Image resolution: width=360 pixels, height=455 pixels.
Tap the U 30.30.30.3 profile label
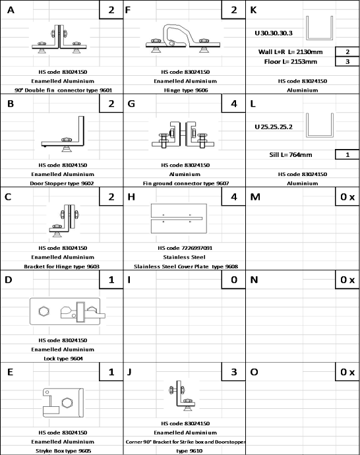pyautogui.click(x=274, y=33)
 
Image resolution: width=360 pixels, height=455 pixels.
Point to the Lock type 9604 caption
pyautogui.click(x=63, y=358)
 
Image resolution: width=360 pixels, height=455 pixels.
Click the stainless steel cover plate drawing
pyautogui.click(x=179, y=218)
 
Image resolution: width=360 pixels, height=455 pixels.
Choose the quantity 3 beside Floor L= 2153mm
pyautogui.click(x=347, y=61)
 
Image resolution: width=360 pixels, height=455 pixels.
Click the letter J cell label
pyautogui.click(x=129, y=372)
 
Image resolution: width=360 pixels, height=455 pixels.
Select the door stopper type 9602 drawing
pyautogui.click(x=63, y=134)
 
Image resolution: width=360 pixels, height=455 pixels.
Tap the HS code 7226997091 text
pyautogui.click(x=185, y=248)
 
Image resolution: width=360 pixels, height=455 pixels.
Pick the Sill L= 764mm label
pyautogui.click(x=291, y=155)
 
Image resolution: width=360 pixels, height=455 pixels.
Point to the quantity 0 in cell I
pyautogui.click(x=234, y=280)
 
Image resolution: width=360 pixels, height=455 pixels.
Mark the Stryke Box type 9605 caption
pyautogui.click(x=63, y=450)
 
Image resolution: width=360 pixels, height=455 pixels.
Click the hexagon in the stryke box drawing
pyautogui.click(x=67, y=403)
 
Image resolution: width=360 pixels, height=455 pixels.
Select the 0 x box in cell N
pyautogui.click(x=347, y=280)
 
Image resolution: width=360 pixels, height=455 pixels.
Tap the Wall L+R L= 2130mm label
pyautogui.click(x=290, y=52)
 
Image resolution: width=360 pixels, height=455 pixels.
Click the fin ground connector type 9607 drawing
pyautogui.click(x=183, y=135)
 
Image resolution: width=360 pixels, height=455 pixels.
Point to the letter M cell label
pyautogui.click(x=255, y=197)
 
